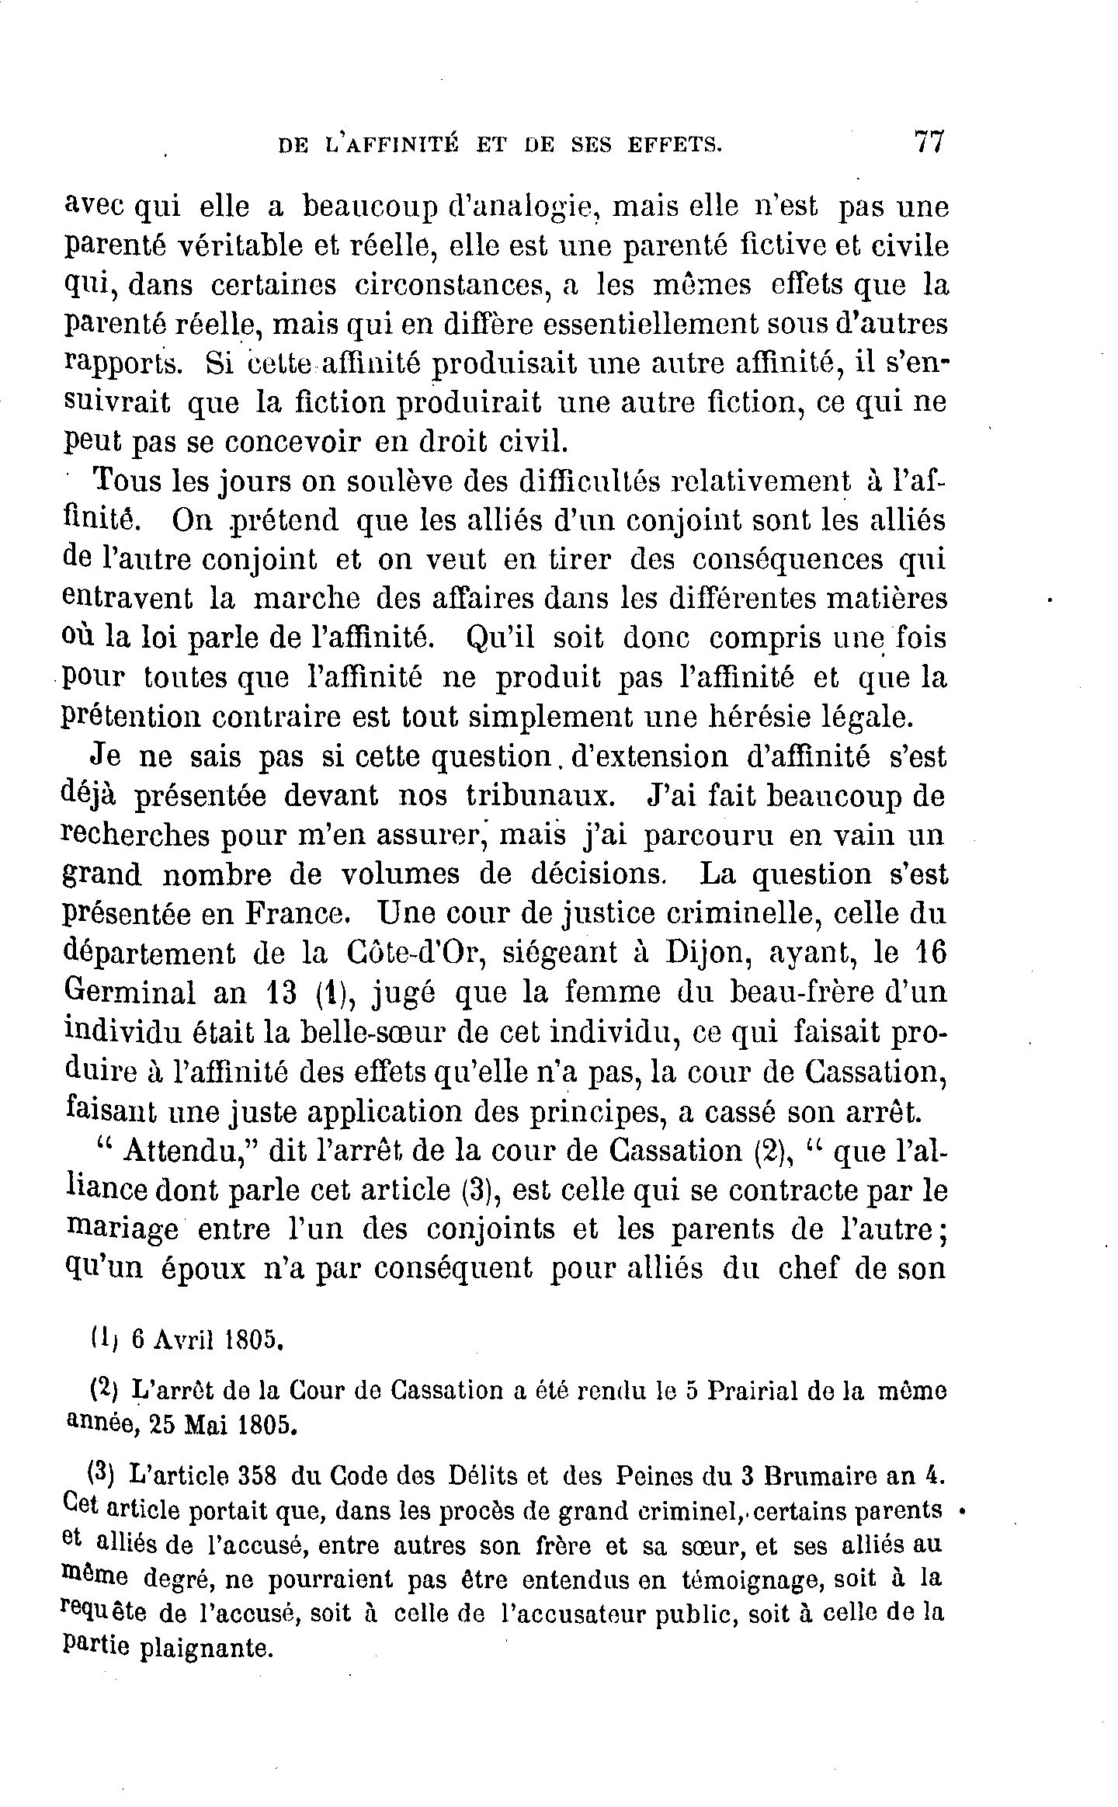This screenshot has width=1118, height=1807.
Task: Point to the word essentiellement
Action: coord(669,324)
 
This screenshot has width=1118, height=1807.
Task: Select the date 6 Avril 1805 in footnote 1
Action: coord(205,1340)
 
